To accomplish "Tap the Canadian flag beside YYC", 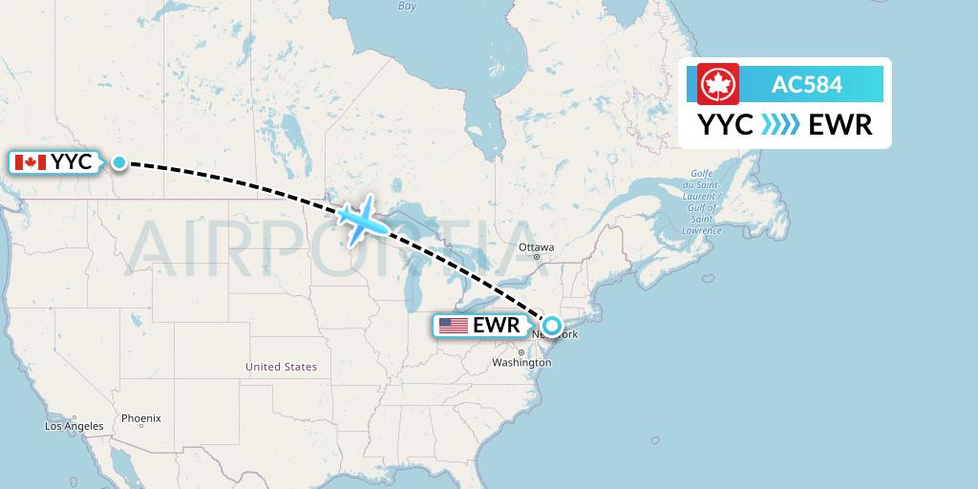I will point(31,162).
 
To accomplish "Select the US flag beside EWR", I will point(454,326).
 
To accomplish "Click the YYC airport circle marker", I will point(118,162).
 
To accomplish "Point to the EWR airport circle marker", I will point(551,325).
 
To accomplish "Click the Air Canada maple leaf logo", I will point(712,85).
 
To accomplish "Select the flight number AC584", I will point(807,85).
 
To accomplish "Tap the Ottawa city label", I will point(536,247).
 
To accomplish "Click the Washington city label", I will point(521,363).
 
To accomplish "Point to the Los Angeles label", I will point(74,426).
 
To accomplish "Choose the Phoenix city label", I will point(140,418).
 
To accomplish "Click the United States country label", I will point(281,367).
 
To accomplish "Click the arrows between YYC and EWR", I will point(781,124).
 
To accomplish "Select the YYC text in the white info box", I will point(726,124).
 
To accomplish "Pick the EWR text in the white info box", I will point(840,124).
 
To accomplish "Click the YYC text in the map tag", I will point(72,162).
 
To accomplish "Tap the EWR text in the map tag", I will point(496,326).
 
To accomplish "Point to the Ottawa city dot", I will point(537,257).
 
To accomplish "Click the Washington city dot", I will point(521,352).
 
